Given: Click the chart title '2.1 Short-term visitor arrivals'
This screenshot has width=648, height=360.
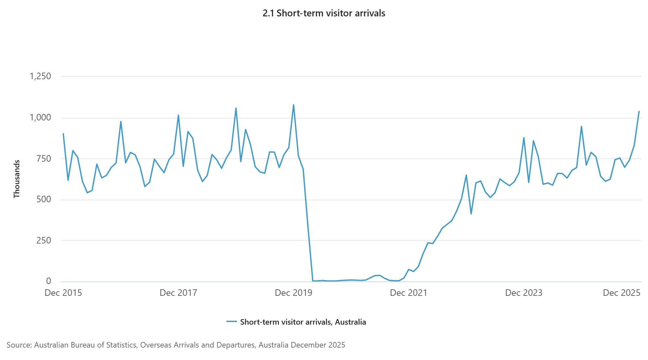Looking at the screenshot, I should tap(324, 13).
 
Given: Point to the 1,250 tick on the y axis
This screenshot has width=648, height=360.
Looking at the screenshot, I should tap(40, 76).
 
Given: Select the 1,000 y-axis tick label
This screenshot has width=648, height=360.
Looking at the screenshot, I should tap(40, 117).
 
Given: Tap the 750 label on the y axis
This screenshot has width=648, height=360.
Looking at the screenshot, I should tap(44, 159).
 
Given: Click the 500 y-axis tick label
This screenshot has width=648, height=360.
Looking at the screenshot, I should tap(44, 199).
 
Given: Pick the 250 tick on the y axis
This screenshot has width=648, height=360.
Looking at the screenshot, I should tap(44, 241).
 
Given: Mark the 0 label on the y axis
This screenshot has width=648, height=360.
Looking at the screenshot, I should tap(48, 281).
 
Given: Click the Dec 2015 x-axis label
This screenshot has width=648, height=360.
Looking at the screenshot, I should tap(63, 293).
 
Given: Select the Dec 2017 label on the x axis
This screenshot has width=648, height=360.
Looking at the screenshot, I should tap(178, 293).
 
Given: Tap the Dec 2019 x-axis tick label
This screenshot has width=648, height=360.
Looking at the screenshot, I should tap(294, 293).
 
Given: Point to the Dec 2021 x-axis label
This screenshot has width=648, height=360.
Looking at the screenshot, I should tap(409, 293).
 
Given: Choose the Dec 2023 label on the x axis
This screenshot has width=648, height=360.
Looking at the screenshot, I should tap(524, 293).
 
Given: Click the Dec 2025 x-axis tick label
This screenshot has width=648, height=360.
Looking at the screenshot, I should tap(621, 293).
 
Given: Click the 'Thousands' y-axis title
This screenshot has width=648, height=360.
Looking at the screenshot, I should tap(17, 179).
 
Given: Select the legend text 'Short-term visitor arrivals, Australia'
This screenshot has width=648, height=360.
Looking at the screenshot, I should tap(303, 322).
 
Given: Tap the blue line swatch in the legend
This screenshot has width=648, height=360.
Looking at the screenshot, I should tap(232, 322).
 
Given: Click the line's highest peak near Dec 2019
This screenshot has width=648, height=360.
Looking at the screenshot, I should tap(294, 105).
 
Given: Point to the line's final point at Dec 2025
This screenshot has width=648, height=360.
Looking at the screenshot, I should tap(639, 112).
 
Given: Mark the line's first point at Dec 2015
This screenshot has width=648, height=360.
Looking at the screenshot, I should tap(63, 134).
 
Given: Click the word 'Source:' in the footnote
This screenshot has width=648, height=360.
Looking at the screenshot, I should tap(19, 345).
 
